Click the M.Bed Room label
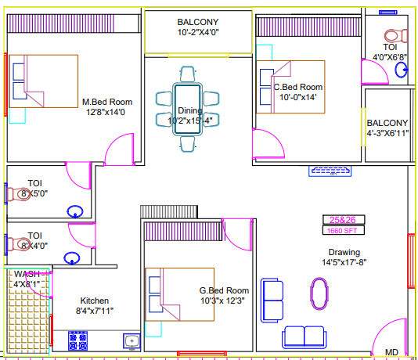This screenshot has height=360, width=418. click(x=107, y=102)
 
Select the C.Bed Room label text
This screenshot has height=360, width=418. click(x=297, y=87)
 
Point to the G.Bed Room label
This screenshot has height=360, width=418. click(x=224, y=290)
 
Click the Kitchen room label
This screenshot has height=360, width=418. click(x=95, y=301)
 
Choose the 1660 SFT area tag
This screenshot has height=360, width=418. click(x=342, y=230)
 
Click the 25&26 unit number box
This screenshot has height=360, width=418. click(x=342, y=219)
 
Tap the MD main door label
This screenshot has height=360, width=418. click(x=391, y=351)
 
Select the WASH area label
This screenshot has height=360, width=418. click(x=26, y=274)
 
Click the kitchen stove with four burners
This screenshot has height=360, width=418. click(x=77, y=340)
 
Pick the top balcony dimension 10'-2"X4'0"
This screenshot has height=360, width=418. click(x=198, y=33)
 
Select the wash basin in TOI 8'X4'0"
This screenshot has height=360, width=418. click(x=72, y=257)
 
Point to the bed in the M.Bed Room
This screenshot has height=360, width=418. click(x=43, y=81)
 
